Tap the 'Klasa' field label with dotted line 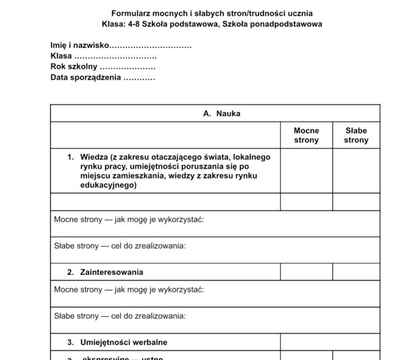point(61,56)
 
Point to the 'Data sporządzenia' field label point(86,78)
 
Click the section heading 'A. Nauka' point(221,113)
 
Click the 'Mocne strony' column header point(306,135)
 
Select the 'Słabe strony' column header point(356,135)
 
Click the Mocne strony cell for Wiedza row point(306,171)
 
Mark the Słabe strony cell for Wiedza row point(356,171)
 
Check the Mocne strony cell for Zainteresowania point(306,272)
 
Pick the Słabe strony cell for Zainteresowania point(356,272)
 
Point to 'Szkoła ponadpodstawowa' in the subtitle point(273,24)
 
